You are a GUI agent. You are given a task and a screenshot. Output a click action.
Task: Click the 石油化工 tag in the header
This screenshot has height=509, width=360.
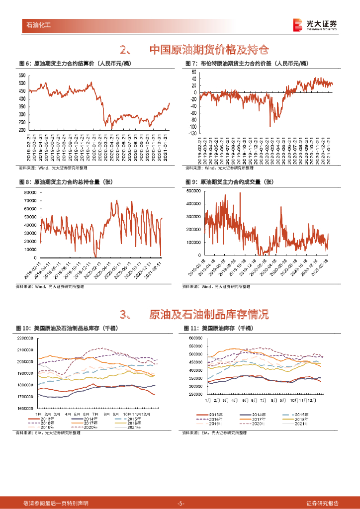(38, 24)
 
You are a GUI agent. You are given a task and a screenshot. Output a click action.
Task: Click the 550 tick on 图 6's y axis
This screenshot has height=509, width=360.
(22, 75)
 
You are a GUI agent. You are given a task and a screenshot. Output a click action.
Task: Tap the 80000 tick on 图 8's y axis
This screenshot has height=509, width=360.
(30, 192)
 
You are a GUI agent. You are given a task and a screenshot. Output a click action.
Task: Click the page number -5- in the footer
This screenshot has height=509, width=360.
(180, 503)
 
